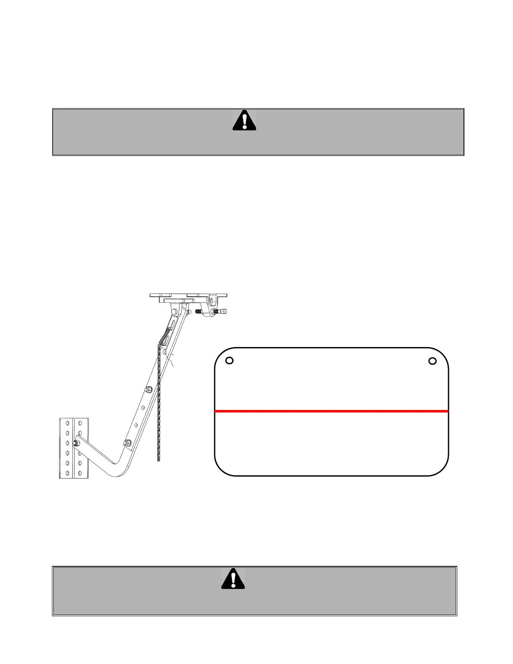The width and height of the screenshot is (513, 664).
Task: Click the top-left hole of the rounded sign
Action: coord(229,361)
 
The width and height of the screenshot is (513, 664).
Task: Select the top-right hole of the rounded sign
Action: coord(433,361)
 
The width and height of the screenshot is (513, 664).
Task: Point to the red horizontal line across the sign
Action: coord(331,411)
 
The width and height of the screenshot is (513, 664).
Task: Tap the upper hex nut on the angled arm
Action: coord(148,390)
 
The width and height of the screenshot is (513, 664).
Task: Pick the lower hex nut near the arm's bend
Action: coord(127,443)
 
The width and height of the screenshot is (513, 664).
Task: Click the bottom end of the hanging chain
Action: coord(158,460)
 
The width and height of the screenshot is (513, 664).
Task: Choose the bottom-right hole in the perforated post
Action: coord(80,472)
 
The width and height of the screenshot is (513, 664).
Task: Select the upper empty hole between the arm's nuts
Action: coord(143,407)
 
